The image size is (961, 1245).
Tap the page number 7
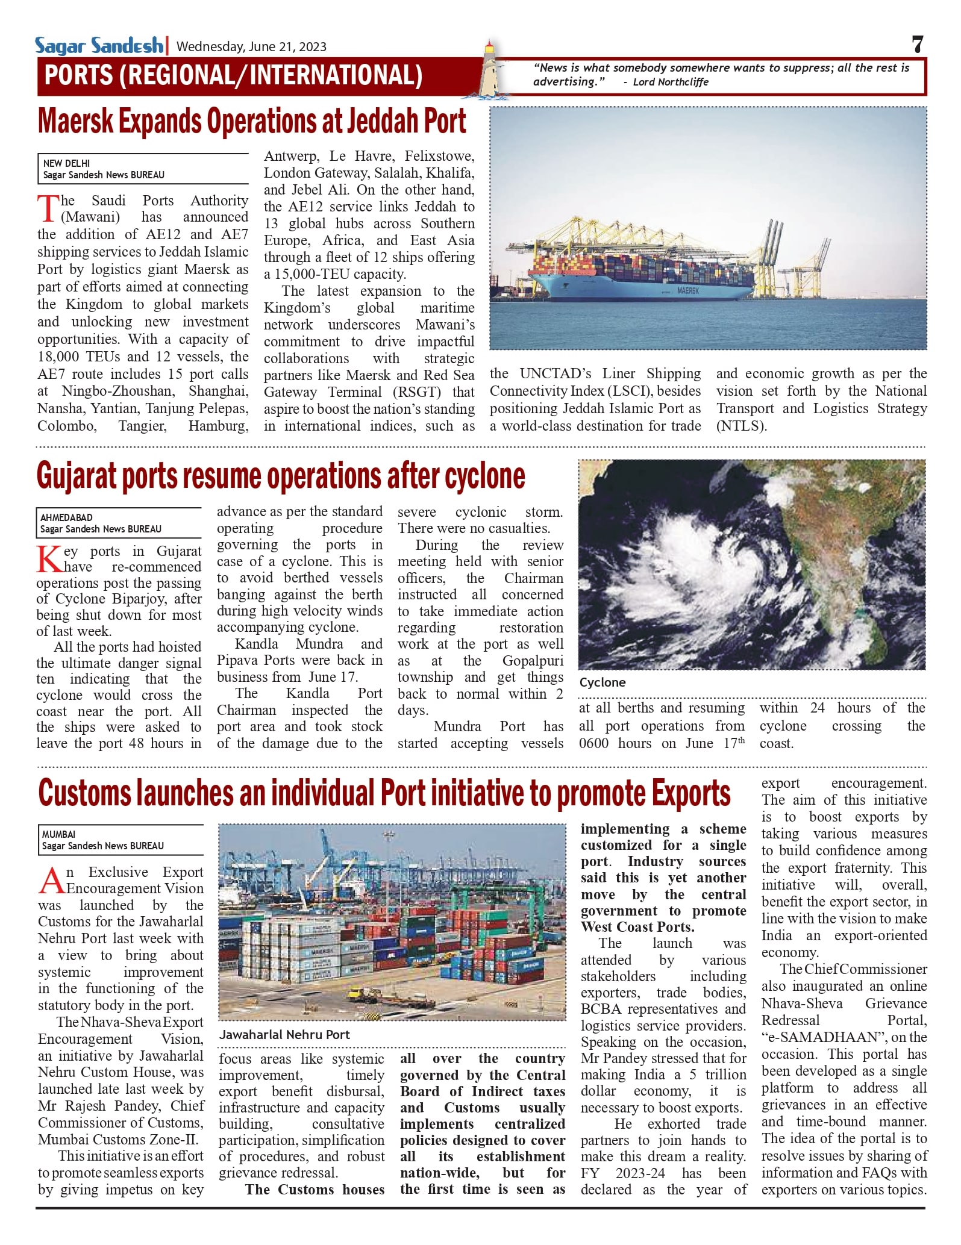(917, 45)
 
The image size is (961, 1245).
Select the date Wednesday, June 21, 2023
(251, 47)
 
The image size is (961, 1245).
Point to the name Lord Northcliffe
(671, 82)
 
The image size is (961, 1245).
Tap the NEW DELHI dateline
(66, 163)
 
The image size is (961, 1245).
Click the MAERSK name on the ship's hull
(687, 291)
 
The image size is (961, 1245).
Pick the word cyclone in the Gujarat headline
(484, 476)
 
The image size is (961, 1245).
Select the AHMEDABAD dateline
(66, 517)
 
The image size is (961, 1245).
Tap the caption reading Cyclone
(603, 682)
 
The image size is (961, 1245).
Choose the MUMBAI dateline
(58, 834)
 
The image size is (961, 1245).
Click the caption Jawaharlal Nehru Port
(284, 1035)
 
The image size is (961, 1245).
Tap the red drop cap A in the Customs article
(51, 881)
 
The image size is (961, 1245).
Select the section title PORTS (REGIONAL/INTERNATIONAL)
(233, 76)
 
